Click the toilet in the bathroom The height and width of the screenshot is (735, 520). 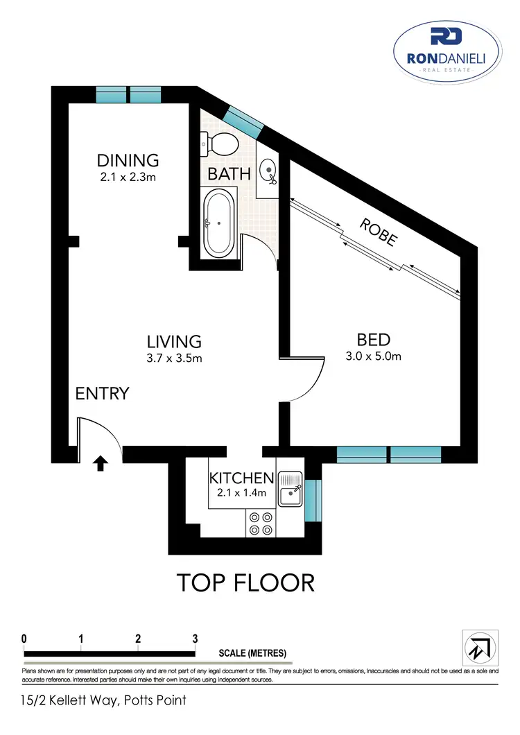tap(222, 144)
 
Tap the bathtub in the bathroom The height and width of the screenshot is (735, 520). tap(220, 223)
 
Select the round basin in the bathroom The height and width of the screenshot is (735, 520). tap(269, 170)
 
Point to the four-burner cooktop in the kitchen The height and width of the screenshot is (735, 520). tap(261, 524)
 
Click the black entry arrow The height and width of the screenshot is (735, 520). tap(101, 462)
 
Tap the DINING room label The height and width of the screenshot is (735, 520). tap(128, 160)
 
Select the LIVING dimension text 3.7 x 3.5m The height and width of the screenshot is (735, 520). tap(173, 358)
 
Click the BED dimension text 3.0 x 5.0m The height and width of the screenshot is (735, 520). tap(374, 357)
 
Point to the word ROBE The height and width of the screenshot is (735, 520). tap(379, 232)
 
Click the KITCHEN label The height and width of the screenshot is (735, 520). tap(242, 478)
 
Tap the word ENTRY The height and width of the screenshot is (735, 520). tap(103, 394)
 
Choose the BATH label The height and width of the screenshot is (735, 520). tap(229, 173)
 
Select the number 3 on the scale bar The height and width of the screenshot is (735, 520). tap(195, 639)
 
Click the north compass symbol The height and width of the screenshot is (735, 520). tap(478, 647)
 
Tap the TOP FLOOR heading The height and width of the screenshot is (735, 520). tap(245, 582)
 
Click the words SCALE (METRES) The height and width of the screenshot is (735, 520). tap(252, 653)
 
